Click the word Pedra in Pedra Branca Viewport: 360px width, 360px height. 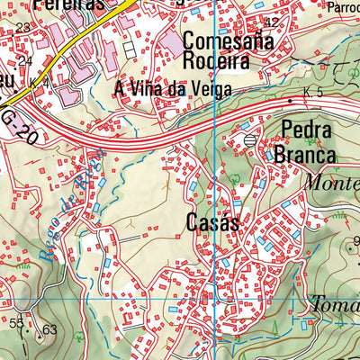pos(307,130)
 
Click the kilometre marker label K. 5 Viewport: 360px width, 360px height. pos(312,93)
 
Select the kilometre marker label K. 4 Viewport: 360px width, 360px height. pos(38,84)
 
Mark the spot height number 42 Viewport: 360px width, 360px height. pos(273,21)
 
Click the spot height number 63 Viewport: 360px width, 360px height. pos(49,330)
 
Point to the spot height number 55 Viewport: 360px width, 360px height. pos(17,321)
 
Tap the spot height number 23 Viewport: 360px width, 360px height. pos(22,28)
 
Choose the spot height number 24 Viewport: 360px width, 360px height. pos(24,60)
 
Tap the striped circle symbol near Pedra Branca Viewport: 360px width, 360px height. pos(249,139)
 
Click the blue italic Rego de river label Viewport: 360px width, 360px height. pos(76,199)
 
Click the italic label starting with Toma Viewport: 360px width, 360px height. pos(334,303)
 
